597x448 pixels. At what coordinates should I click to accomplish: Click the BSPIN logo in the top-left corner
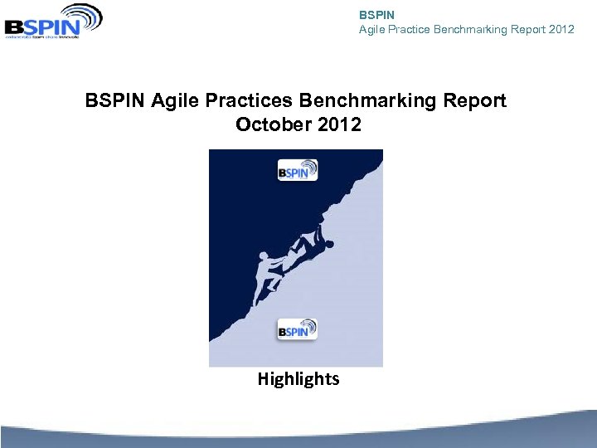point(53,22)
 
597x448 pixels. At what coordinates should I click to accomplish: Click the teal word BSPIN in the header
point(376,15)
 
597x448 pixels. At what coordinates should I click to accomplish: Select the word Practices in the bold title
point(245,100)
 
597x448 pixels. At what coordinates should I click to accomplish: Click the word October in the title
point(270,124)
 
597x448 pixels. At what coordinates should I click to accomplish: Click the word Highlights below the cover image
point(298,379)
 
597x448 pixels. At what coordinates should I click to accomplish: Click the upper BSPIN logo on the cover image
point(297,170)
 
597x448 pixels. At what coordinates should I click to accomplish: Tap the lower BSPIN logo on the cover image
point(297,329)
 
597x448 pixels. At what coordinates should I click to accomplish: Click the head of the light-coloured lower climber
point(265,256)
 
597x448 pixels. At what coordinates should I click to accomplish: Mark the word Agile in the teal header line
point(371,30)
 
